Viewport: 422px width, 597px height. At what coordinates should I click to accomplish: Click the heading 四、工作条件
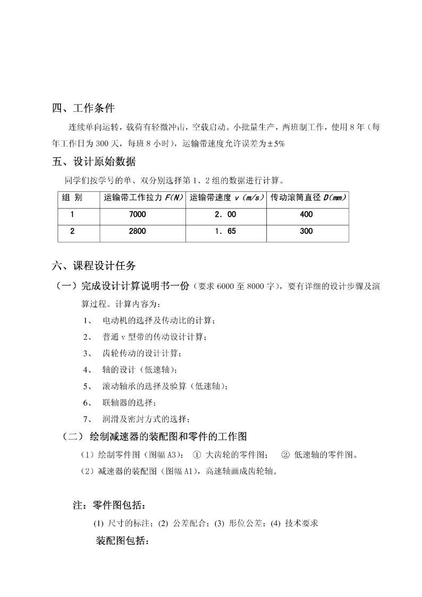(83, 108)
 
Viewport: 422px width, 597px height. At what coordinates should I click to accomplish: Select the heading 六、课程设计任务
(94, 265)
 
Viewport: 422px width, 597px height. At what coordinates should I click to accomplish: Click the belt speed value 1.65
(225, 231)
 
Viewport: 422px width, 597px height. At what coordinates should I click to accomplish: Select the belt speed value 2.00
(225, 214)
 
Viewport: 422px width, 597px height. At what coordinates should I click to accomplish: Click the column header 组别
(72, 198)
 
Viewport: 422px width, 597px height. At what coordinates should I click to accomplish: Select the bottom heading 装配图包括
(122, 541)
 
